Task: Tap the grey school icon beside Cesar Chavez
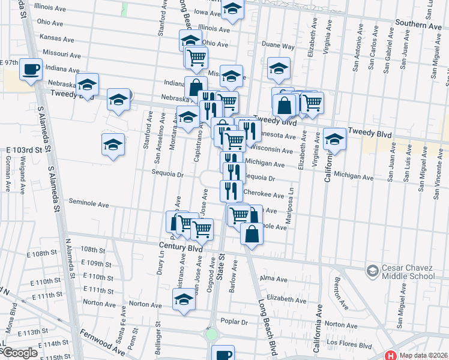coord(372,271)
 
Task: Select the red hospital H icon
coord(391,355)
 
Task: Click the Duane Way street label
coord(280,46)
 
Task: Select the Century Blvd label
coord(181,247)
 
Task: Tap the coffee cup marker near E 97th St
coord(30,68)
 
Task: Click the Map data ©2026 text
coord(423,355)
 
